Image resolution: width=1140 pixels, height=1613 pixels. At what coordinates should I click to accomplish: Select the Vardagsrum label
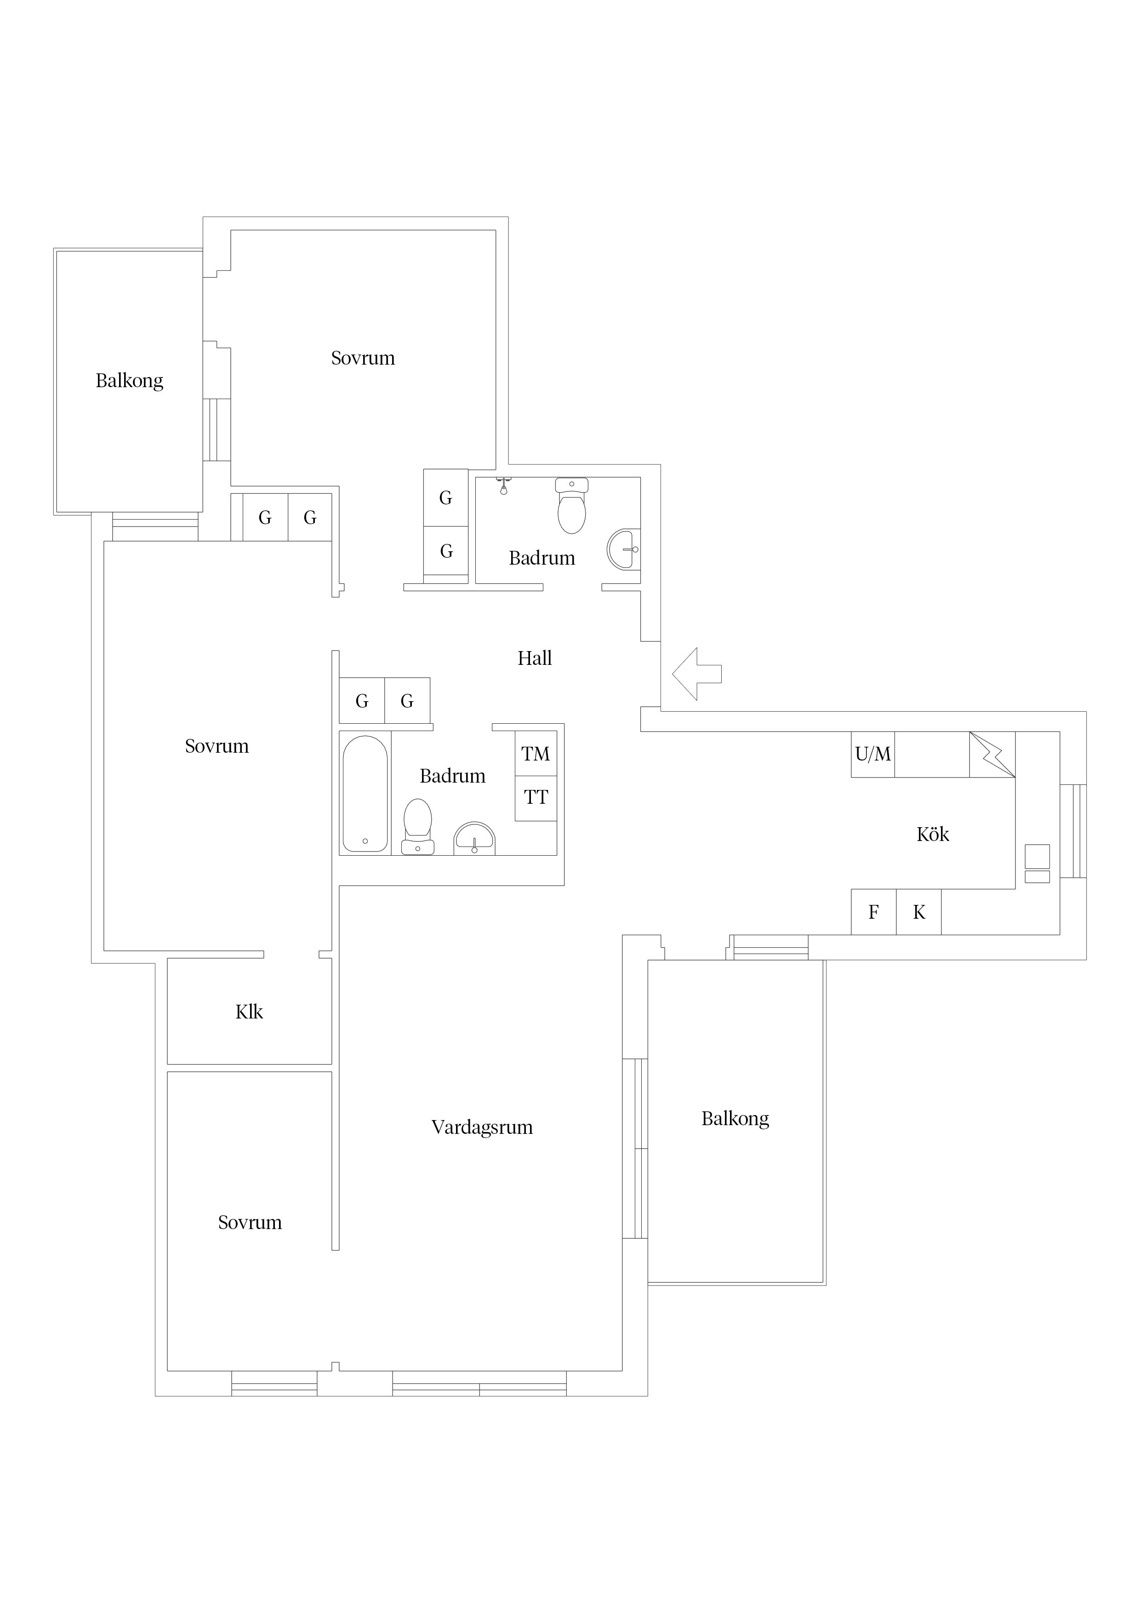[482, 1127]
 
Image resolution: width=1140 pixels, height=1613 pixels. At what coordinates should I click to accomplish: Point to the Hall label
[535, 658]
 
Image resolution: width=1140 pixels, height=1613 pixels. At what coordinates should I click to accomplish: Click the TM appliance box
[536, 754]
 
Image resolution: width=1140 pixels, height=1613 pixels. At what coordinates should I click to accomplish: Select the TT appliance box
[536, 798]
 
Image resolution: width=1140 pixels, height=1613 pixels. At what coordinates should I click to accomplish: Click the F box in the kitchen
[874, 912]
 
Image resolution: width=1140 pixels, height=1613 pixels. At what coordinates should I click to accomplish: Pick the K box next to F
[919, 912]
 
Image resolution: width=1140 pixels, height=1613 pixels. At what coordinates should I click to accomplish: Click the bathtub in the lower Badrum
[365, 794]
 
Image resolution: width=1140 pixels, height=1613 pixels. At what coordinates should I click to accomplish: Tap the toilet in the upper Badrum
[572, 505]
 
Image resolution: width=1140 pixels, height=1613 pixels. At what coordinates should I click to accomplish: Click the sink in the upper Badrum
[624, 549]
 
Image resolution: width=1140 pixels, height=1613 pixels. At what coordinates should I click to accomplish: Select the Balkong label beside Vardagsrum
[735, 1118]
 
